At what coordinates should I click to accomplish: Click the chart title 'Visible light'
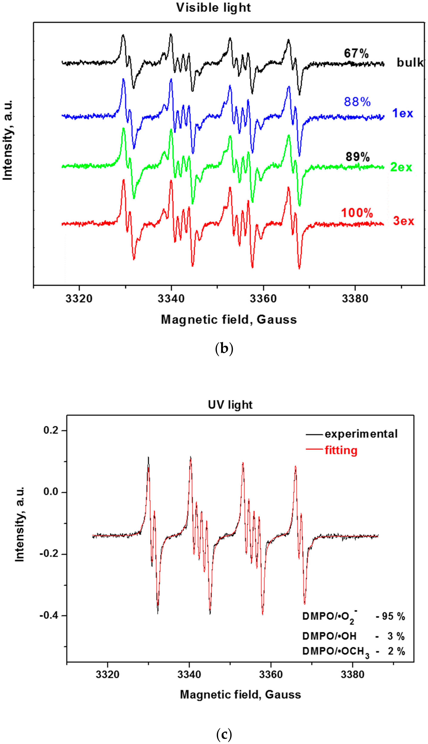tap(214, 8)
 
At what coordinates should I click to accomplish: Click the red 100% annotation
tap(357, 213)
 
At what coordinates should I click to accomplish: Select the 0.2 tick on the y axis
tap(50, 430)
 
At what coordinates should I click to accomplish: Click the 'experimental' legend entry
tap(361, 434)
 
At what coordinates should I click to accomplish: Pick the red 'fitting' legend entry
tap(341, 450)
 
